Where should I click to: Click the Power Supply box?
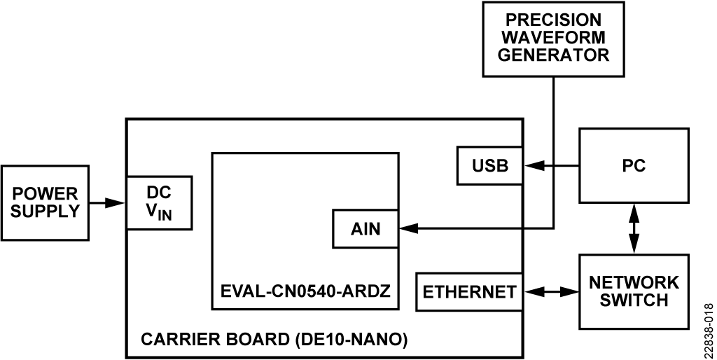(x=46, y=202)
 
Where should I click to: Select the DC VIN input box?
(x=158, y=202)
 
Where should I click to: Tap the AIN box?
(x=366, y=228)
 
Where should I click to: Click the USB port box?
(x=489, y=166)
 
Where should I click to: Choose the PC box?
(x=634, y=166)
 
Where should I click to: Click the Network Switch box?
(x=634, y=291)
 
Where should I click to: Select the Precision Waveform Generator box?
(x=553, y=38)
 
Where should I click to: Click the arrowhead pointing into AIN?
(x=407, y=228)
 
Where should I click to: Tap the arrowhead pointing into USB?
(x=531, y=166)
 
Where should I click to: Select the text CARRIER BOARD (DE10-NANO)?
(x=274, y=340)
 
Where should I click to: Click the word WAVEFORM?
(x=553, y=37)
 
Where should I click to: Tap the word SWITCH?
(x=634, y=300)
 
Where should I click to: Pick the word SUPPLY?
(x=46, y=211)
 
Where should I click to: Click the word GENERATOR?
(x=553, y=55)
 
